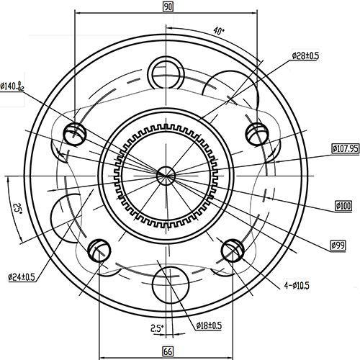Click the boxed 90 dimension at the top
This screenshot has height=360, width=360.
point(168,6)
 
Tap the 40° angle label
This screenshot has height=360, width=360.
point(219,31)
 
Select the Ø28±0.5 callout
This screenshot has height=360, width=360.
point(305,55)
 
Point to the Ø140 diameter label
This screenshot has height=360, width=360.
point(12,86)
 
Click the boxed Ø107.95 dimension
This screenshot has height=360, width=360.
point(345,148)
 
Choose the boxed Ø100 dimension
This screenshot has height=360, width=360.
point(343,206)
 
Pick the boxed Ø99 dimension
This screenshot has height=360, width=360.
point(338,246)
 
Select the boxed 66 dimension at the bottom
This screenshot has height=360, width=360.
point(167,351)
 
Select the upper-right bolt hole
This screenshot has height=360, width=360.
point(257,132)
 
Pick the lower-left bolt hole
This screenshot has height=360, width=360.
point(99,250)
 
